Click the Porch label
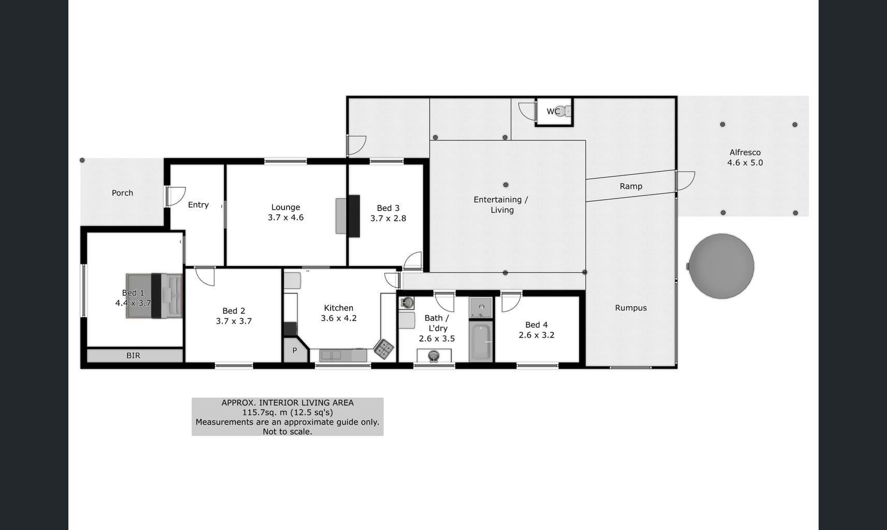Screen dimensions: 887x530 coord(122,193)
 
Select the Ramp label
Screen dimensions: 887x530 coord(631,186)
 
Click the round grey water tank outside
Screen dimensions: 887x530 coord(721,266)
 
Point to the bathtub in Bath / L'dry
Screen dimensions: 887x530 coord(481,341)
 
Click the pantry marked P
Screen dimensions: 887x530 coord(295,350)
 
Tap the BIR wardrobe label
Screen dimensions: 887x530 coord(134,356)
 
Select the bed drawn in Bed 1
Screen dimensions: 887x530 coord(154,296)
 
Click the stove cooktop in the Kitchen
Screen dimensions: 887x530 coord(384,349)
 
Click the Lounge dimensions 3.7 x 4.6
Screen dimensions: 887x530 coord(286,217)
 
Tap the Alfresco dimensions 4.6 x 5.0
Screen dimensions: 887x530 coord(745,163)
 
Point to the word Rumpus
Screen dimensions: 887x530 coord(631,308)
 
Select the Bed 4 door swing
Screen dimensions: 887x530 coord(511,303)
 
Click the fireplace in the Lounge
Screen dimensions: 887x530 coord(348,216)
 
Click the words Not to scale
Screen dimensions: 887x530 coord(288,432)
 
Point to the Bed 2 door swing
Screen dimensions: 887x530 coord(205,276)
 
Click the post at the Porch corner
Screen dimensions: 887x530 coord(82,160)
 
